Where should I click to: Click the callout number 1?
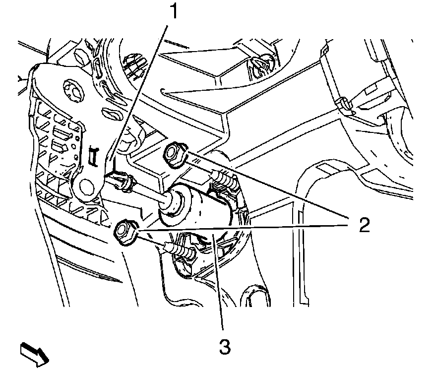(x=173, y=11)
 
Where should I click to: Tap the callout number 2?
(x=364, y=225)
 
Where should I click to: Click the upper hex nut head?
(x=175, y=154)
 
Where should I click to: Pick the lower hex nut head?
(x=124, y=232)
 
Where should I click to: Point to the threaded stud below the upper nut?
(x=224, y=179)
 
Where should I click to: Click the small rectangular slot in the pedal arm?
(x=93, y=157)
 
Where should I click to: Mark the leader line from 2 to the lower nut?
(x=242, y=227)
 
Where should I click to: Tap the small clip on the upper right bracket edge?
(x=345, y=104)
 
